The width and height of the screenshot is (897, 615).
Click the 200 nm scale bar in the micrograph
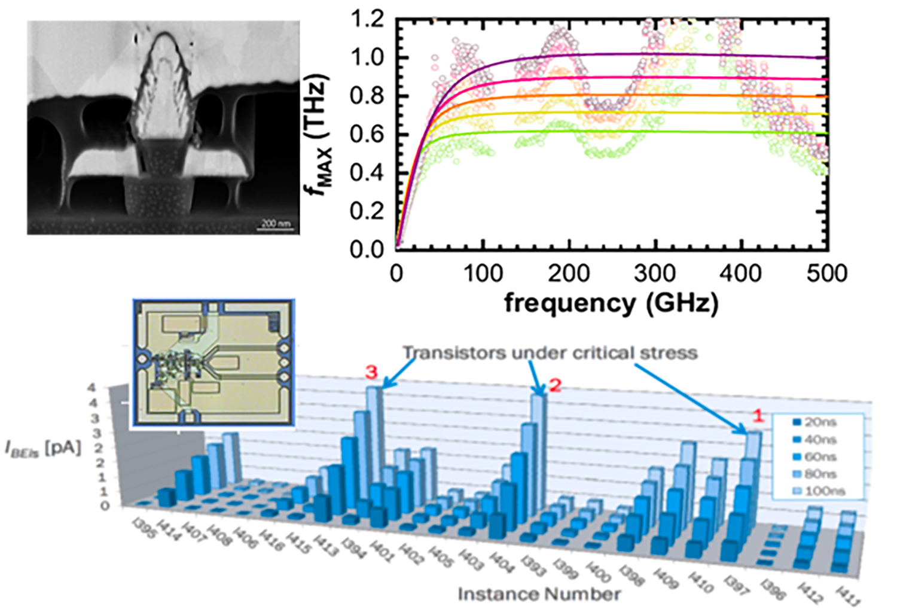pyautogui.click(x=276, y=225)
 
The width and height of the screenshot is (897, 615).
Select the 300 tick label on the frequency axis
pyautogui.click(x=655, y=273)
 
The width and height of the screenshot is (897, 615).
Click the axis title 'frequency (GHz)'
pyautogui.click(x=611, y=303)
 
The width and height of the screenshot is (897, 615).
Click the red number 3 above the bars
pyautogui.click(x=371, y=373)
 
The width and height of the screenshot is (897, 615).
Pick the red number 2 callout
pyautogui.click(x=555, y=385)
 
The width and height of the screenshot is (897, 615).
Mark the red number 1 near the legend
pyautogui.click(x=757, y=415)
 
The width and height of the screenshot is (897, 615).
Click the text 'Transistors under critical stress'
pyautogui.click(x=550, y=352)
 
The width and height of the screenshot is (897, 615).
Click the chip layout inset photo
pyautogui.click(x=213, y=363)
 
